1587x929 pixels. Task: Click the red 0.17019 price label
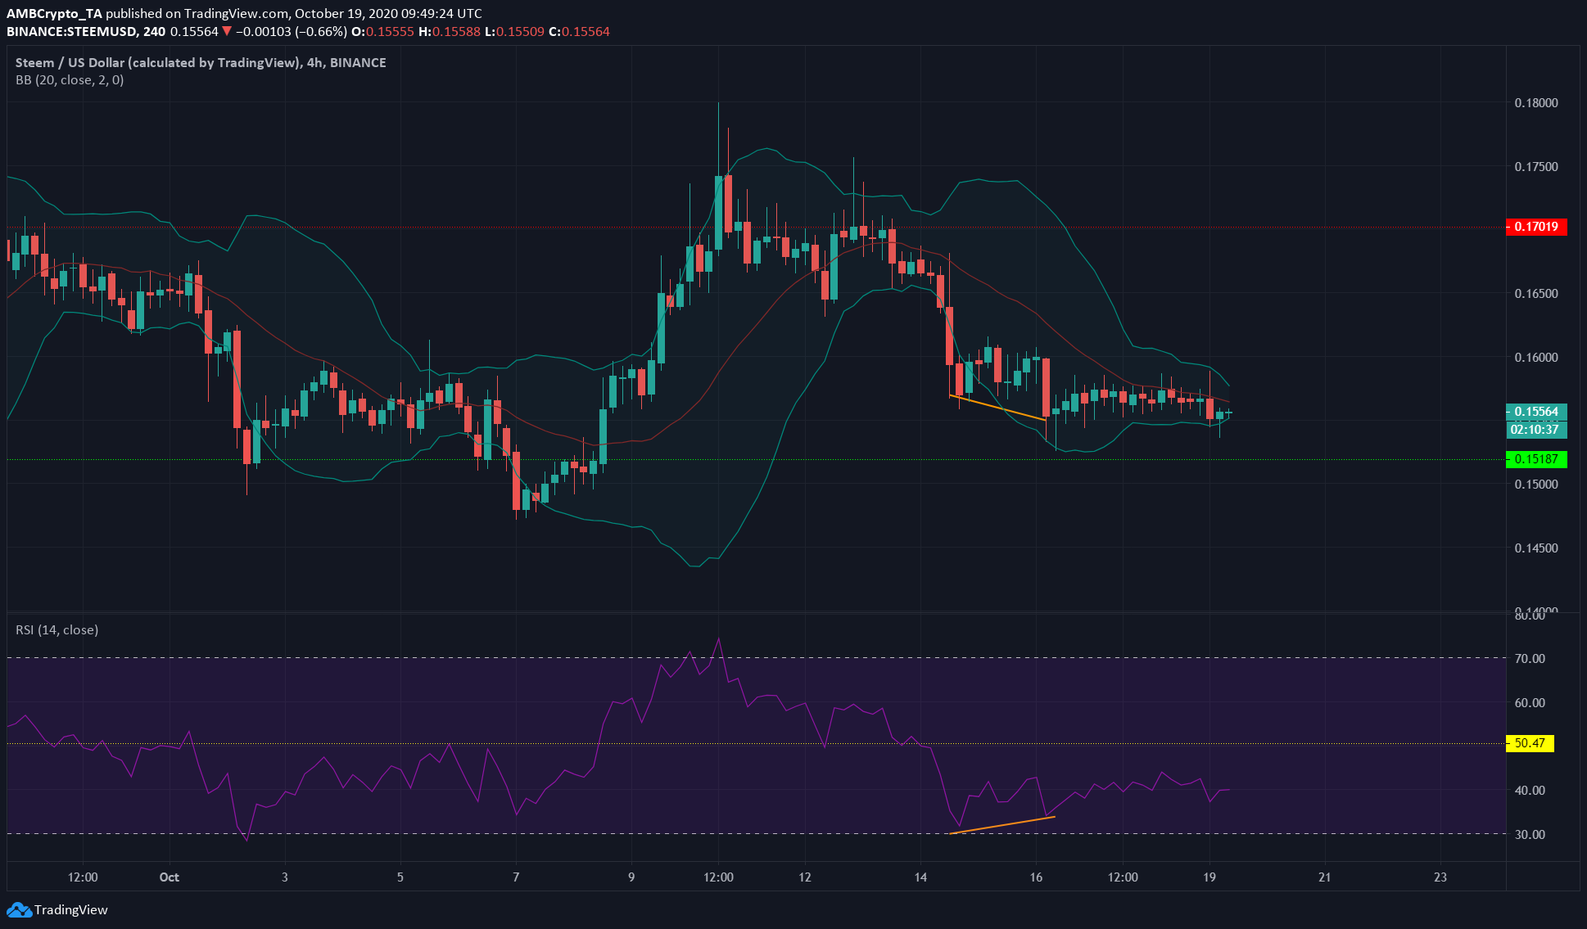coord(1536,227)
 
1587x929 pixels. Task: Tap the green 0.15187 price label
coord(1536,459)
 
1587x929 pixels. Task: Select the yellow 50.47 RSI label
coord(1530,743)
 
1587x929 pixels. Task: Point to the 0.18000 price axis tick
coord(1536,103)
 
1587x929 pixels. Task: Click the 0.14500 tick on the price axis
coord(1536,548)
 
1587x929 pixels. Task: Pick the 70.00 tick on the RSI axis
coord(1530,658)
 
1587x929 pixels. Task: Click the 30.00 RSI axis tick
coord(1530,834)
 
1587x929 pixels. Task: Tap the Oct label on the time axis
coord(170,877)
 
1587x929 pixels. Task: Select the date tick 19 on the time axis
coord(1209,877)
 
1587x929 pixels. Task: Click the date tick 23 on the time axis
coord(1440,877)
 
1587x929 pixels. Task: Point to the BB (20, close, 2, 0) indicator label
coord(70,80)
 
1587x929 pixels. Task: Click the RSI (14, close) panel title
coord(57,630)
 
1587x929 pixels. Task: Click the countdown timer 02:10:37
coord(1536,430)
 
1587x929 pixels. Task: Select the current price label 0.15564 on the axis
coord(1536,412)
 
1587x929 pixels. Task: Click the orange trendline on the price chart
coord(997,408)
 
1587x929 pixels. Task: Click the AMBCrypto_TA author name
coord(54,13)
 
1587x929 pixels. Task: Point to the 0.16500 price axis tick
coord(1536,293)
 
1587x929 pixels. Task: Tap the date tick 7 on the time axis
coord(516,877)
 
